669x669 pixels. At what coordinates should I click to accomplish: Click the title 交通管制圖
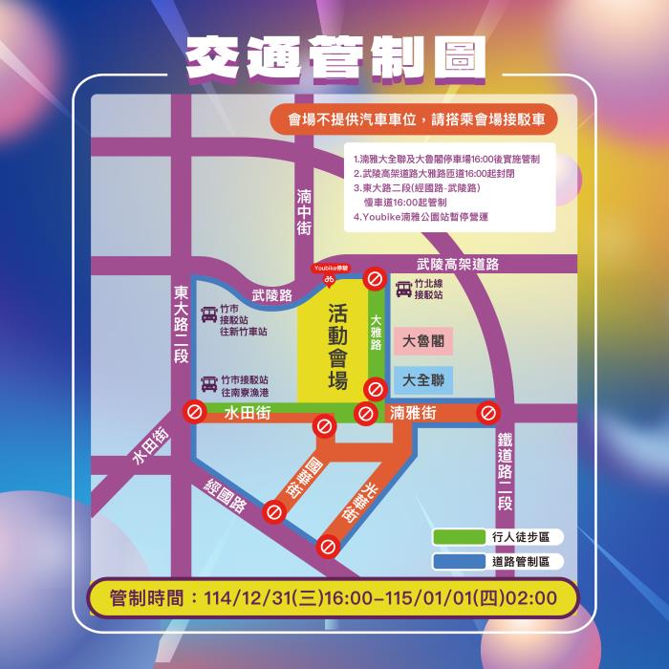(334, 58)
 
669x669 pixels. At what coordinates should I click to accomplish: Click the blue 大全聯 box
(422, 379)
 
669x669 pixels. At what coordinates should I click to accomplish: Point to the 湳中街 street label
(304, 211)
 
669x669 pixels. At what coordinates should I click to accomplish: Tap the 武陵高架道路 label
(458, 264)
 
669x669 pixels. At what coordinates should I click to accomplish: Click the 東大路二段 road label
(182, 324)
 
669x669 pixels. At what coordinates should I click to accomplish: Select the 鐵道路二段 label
(506, 472)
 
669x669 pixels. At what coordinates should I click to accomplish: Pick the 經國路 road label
(226, 493)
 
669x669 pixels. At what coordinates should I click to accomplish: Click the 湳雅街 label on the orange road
(414, 413)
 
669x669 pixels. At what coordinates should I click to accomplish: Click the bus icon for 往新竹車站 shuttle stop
(208, 315)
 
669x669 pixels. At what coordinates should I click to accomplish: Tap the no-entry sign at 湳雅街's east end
(489, 413)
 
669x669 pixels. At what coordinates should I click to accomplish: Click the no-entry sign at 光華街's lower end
(330, 548)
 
